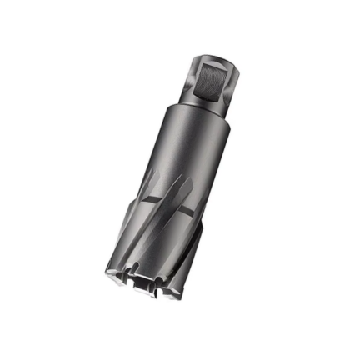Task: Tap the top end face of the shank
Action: tap(212, 56)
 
